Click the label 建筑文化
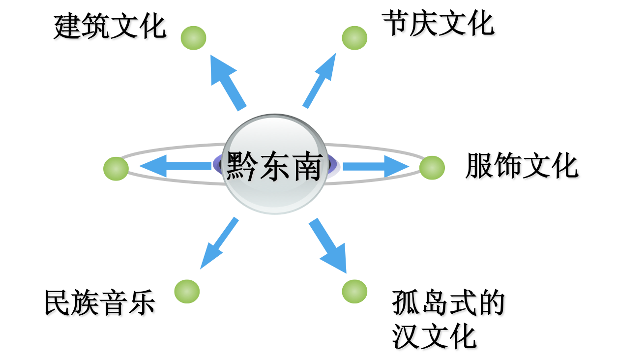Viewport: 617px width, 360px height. point(111,29)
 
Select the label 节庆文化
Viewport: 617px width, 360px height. point(439,25)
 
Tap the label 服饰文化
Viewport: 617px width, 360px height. point(523,167)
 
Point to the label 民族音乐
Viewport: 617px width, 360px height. point(101,304)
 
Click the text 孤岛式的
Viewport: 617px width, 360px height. point(449,305)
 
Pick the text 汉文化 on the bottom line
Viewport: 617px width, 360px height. point(436,337)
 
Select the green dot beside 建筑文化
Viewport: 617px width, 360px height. point(193,38)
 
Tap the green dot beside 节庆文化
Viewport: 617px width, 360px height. point(354,38)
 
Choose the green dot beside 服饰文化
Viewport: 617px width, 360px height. point(432,168)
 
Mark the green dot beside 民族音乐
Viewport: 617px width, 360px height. point(187,291)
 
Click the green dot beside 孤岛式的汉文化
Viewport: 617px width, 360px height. point(354,291)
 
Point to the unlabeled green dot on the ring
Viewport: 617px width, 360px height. point(116,169)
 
